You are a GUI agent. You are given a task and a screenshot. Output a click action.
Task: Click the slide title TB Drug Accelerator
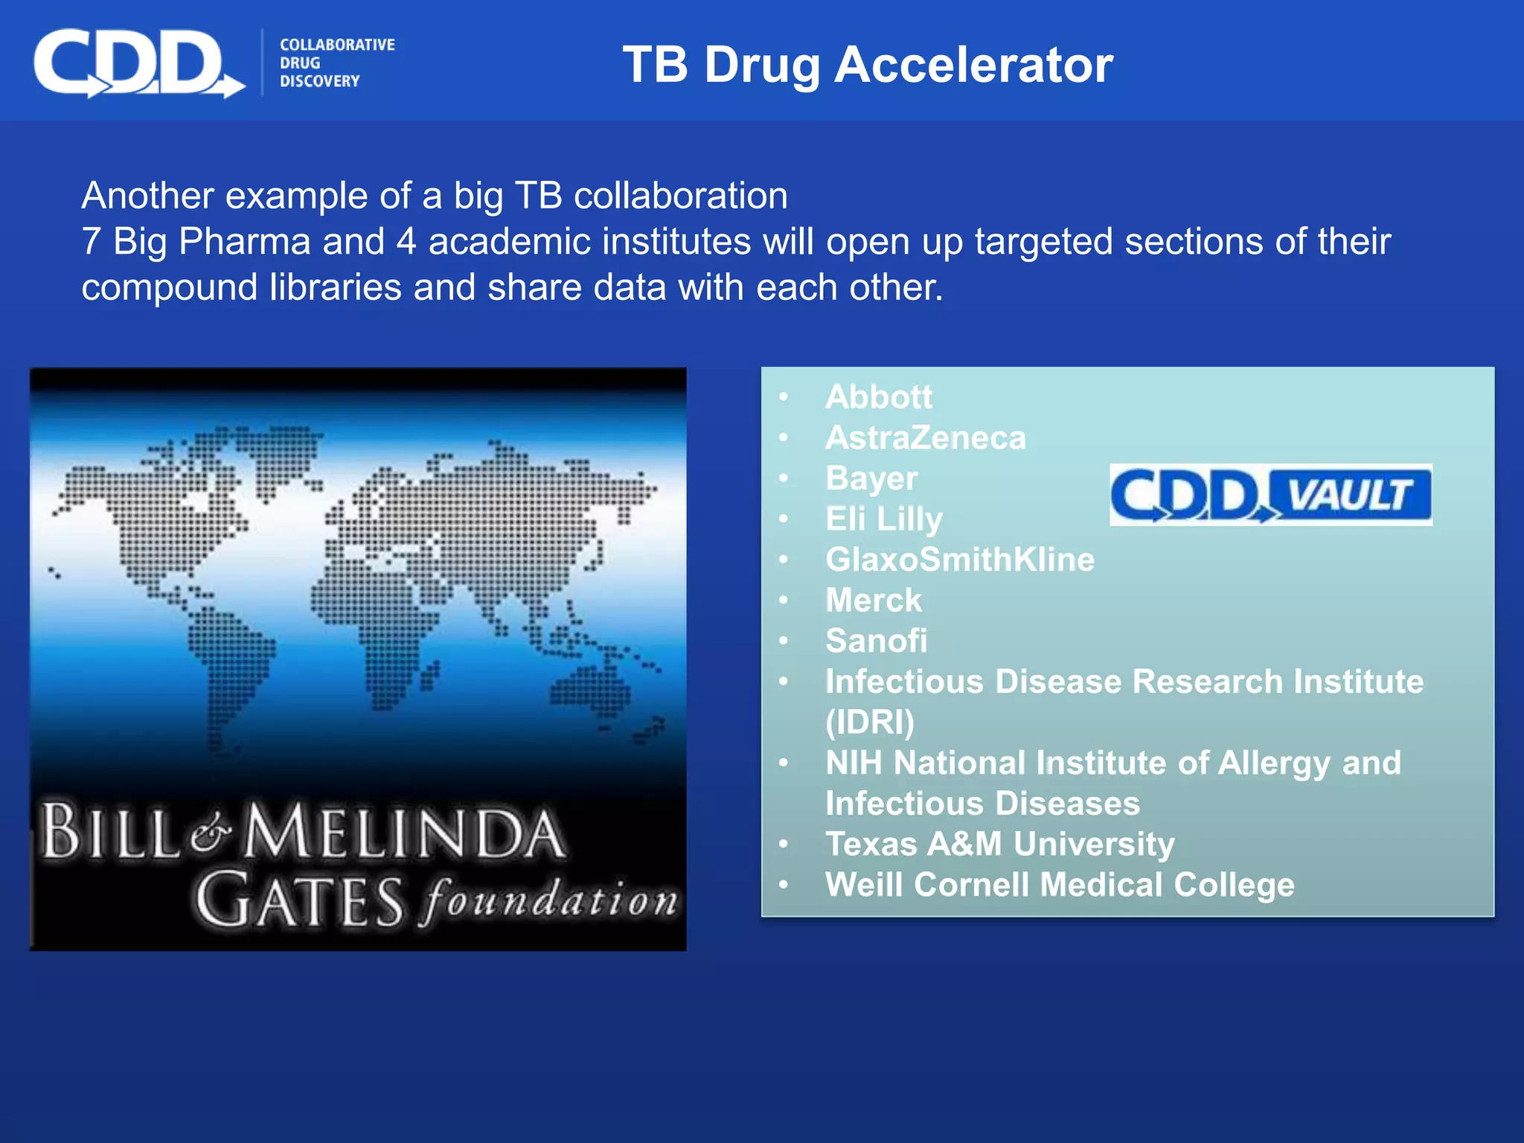pos(867,65)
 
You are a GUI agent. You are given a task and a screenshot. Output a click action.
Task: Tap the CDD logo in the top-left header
pos(138,64)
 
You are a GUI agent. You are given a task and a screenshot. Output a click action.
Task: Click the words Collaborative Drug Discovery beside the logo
pos(336,63)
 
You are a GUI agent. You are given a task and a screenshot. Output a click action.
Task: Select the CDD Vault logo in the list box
pos(1270,495)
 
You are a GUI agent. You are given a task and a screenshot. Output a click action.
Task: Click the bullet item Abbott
pos(878,397)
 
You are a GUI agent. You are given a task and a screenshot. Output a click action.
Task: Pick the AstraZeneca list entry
pos(925,438)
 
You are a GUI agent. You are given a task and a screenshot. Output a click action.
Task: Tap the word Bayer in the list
pos(871,478)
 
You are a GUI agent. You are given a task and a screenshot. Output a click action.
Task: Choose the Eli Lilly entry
pos(883,519)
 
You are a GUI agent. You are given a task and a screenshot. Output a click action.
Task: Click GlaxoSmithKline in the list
pos(959,560)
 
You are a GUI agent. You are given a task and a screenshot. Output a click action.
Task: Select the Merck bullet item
pos(874,601)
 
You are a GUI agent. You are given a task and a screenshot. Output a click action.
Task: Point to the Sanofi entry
pos(876,641)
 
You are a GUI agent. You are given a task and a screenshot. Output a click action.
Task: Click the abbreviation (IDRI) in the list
pos(869,723)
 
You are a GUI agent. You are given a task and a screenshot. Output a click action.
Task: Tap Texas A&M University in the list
pos(999,844)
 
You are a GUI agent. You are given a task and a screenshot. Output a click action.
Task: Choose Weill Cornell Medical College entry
pos(1059,885)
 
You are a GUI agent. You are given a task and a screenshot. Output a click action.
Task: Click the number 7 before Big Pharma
pos(91,242)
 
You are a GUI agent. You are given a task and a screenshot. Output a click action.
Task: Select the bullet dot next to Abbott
pos(783,397)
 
